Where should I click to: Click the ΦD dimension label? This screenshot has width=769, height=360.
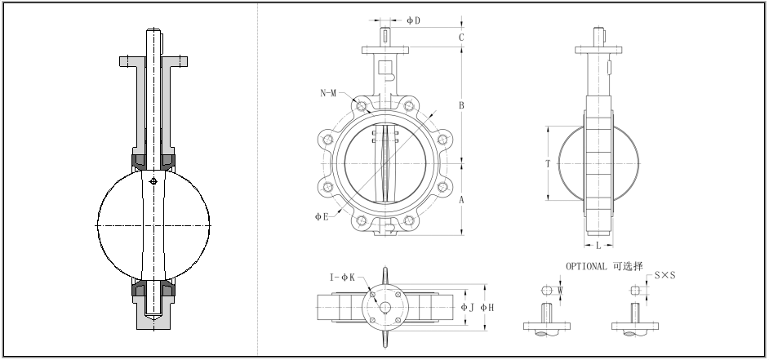pyautogui.click(x=413, y=20)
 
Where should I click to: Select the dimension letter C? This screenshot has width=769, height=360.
pyautogui.click(x=461, y=37)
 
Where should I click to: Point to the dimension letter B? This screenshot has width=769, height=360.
pyautogui.click(x=461, y=105)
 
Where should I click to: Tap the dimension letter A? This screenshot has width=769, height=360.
pyautogui.click(x=461, y=199)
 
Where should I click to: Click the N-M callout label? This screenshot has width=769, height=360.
pyautogui.click(x=328, y=93)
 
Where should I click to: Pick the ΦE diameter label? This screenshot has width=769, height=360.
pyautogui.click(x=322, y=216)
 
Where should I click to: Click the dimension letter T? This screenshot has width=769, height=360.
pyautogui.click(x=549, y=163)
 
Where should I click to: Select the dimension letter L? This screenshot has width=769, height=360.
pyautogui.click(x=598, y=245)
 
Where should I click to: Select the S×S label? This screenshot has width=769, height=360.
pyautogui.click(x=665, y=276)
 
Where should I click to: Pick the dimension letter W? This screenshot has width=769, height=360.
pyautogui.click(x=560, y=289)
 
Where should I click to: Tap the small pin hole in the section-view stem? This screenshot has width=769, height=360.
pyautogui.click(x=153, y=180)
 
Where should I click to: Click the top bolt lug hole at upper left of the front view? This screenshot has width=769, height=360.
pyautogui.click(x=360, y=106)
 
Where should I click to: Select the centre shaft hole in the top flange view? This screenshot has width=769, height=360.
pyautogui.click(x=385, y=307)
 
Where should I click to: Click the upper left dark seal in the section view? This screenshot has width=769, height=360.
pyautogui.click(x=136, y=158)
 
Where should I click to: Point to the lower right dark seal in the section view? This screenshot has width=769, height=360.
pyautogui.click(x=169, y=287)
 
